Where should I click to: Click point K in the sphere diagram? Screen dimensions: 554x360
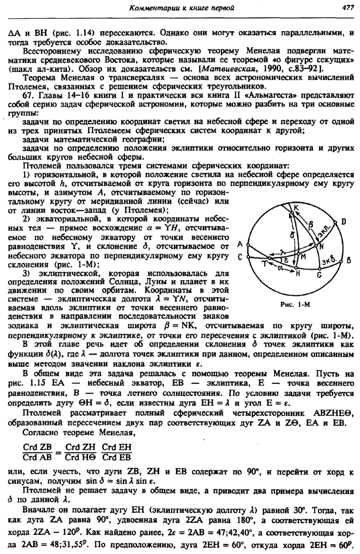click(296, 209)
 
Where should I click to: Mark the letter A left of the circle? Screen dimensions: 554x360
click(240, 244)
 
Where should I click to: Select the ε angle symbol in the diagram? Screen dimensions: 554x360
click(285, 259)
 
